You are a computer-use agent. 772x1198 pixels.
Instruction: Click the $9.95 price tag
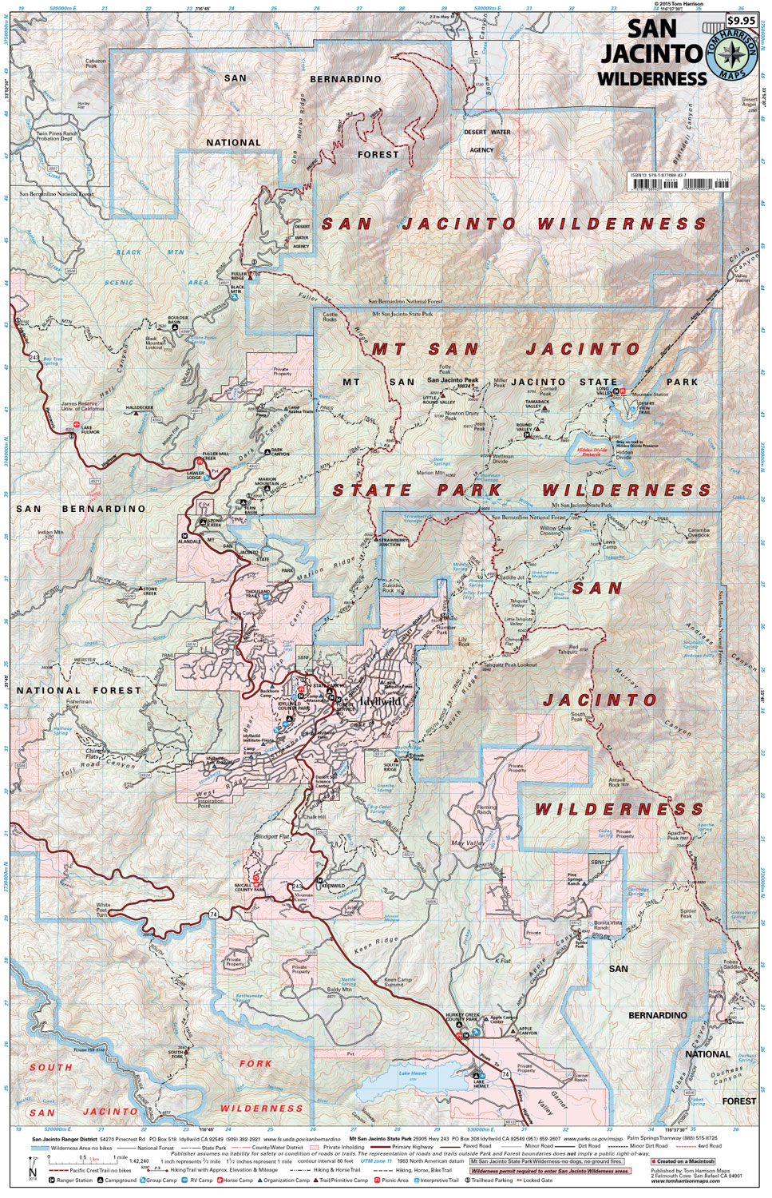point(741,21)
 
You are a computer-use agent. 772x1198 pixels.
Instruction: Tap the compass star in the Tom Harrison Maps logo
point(730,55)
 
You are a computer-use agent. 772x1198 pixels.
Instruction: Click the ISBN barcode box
point(679,182)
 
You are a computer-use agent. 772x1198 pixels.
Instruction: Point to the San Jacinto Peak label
point(453,380)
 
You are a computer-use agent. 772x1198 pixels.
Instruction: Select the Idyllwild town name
point(380,701)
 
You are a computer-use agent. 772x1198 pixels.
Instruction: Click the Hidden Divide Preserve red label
point(592,452)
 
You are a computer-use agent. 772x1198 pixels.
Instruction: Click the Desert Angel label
point(749,102)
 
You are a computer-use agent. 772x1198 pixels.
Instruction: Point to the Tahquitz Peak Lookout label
point(510,664)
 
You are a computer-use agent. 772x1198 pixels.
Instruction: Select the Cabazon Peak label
point(96,63)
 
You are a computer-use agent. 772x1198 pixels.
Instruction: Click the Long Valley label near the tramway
point(603,391)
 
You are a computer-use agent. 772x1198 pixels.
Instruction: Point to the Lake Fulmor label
point(90,430)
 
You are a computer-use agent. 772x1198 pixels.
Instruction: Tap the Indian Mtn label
point(50,533)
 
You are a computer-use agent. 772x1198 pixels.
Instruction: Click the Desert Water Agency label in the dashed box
point(486,141)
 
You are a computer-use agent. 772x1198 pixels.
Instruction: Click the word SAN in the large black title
point(651,29)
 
